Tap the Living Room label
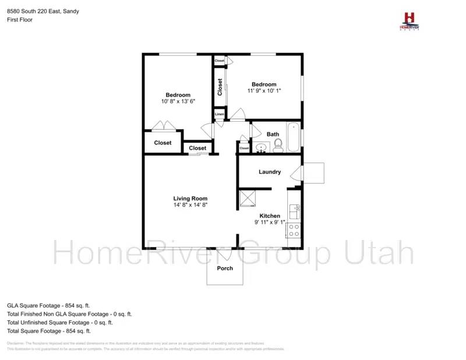tap(190, 199)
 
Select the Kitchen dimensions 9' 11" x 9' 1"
tap(270, 223)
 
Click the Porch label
tap(225, 269)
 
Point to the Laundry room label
tap(270, 172)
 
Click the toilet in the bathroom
tap(278, 145)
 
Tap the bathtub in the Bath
tap(293, 137)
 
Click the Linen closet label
tap(219, 114)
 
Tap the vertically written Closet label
tap(220, 87)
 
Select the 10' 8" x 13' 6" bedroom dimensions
tap(178, 101)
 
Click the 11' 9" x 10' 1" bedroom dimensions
tap(264, 91)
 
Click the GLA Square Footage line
tap(48, 305)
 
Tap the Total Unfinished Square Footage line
tap(60, 322)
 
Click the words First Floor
tap(20, 20)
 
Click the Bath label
tap(273, 135)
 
